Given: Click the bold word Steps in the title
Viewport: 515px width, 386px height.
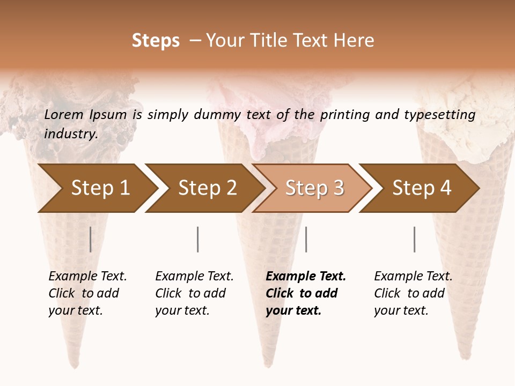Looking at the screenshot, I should (x=156, y=41).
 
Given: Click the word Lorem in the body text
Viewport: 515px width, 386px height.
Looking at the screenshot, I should (x=63, y=114).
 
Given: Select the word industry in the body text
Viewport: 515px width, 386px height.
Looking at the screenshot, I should (x=71, y=134).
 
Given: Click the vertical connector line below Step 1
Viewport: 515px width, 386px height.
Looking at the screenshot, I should (x=91, y=240).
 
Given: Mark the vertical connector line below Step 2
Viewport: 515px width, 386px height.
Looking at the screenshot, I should (x=198, y=240).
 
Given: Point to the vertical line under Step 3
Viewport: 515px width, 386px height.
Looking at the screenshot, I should (x=306, y=240).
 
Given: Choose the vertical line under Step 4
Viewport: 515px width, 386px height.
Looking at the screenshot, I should (x=415, y=240).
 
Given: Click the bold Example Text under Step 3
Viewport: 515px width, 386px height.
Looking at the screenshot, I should (x=306, y=277).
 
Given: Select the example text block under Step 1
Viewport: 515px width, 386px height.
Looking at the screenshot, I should (x=87, y=293).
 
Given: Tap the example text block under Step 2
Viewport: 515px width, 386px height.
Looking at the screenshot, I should (x=194, y=293).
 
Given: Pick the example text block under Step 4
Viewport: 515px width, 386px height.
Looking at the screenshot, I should (x=413, y=293).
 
